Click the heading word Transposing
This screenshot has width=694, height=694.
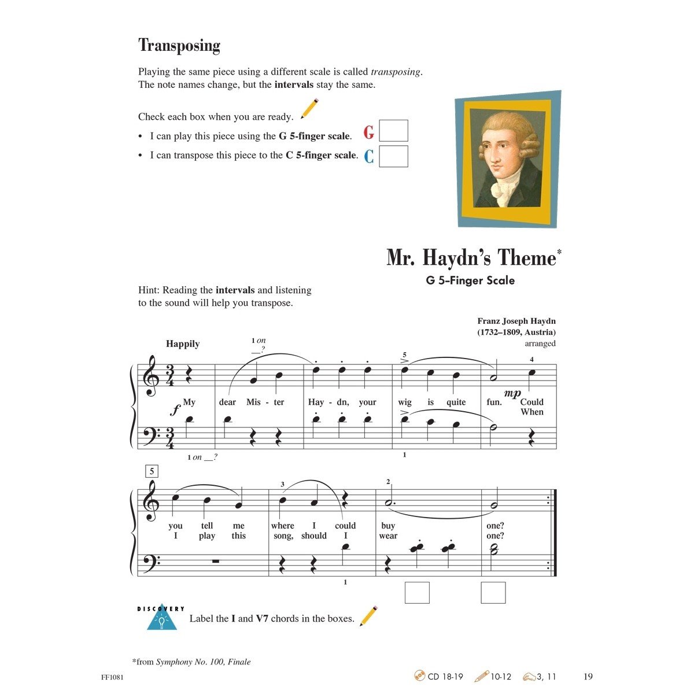point(179,46)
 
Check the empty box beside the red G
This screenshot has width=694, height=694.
point(393,131)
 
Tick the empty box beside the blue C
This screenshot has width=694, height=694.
point(393,156)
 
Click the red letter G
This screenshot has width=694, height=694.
point(369,133)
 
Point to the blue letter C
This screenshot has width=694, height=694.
point(369,156)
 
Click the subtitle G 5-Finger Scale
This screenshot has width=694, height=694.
point(470,280)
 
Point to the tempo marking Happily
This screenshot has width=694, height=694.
point(183,344)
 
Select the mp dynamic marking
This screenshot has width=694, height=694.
point(512,393)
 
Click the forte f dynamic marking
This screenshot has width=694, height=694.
point(175,410)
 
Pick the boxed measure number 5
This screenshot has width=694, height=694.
point(152,471)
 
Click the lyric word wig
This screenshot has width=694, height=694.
point(405,403)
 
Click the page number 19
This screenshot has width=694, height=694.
point(588,677)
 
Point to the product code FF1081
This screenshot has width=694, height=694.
point(112,677)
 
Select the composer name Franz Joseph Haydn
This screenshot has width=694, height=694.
point(516,321)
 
